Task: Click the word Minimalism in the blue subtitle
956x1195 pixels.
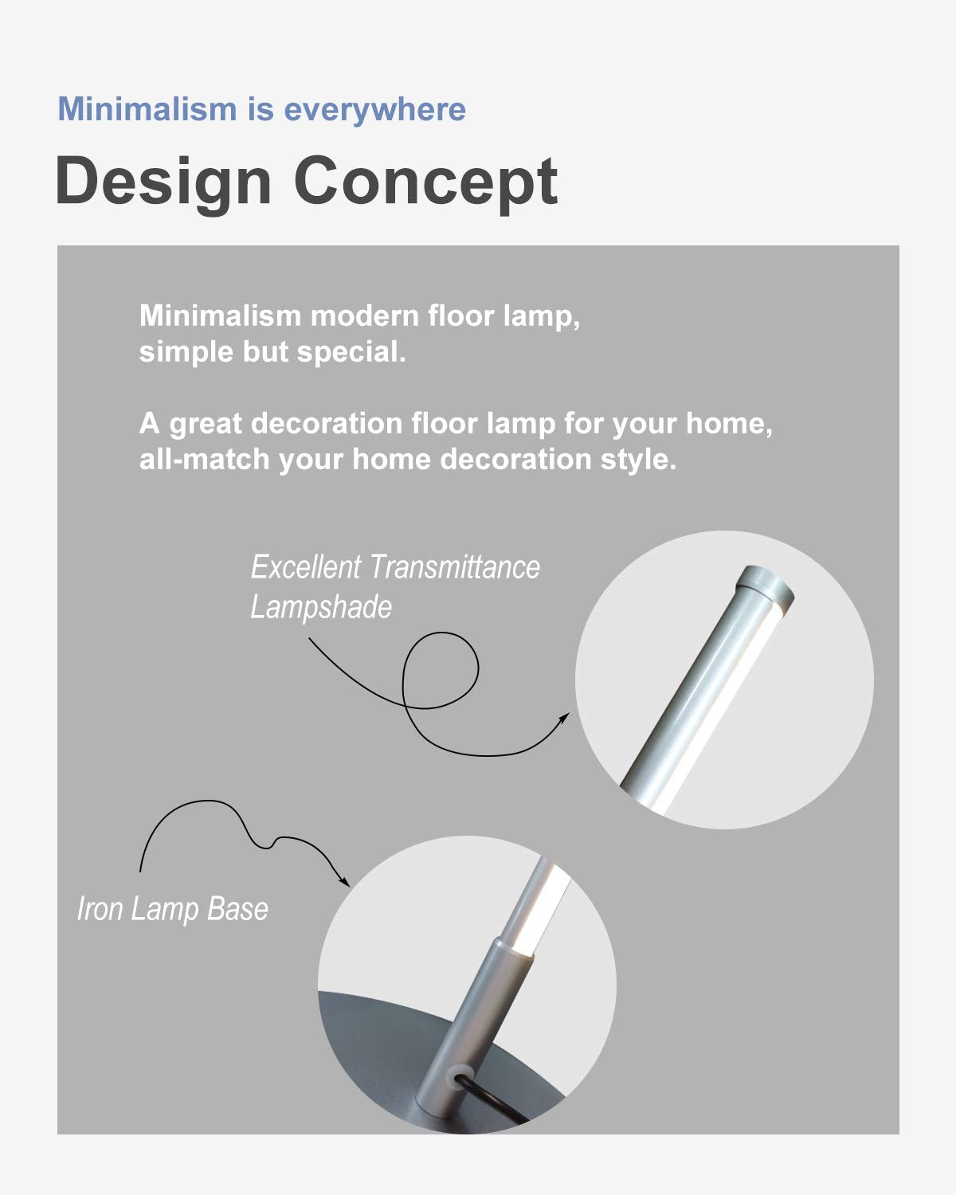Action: point(147,109)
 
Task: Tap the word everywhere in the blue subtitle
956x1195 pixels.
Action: point(375,109)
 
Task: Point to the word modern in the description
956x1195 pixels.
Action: point(364,316)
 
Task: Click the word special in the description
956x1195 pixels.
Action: point(351,352)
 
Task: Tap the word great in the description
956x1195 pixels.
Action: point(206,425)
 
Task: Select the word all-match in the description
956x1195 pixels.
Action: point(205,460)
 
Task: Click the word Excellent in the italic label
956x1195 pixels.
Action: point(306,567)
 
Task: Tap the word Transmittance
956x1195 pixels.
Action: point(454,567)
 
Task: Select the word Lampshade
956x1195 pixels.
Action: point(321,607)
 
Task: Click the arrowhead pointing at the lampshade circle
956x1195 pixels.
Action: point(564,719)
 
